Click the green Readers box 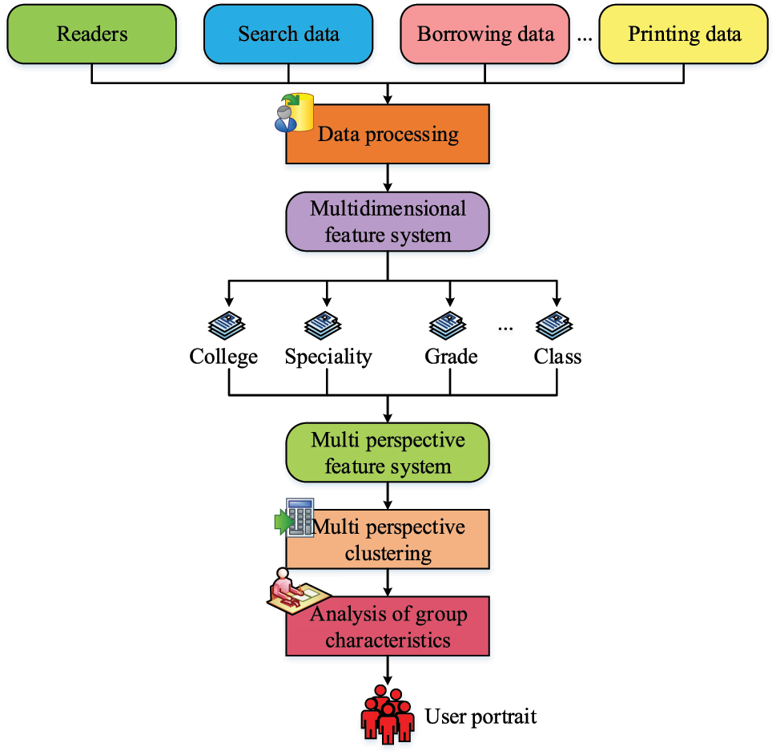[93, 34]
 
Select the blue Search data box [288, 34]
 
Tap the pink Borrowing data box [485, 34]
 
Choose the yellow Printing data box [684, 34]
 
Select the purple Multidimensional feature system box [388, 222]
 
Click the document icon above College [227, 325]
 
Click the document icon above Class [554, 325]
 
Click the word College [223, 357]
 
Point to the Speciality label [328, 357]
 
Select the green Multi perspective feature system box [388, 454]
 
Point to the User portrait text [480, 716]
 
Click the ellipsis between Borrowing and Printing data [584, 38]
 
